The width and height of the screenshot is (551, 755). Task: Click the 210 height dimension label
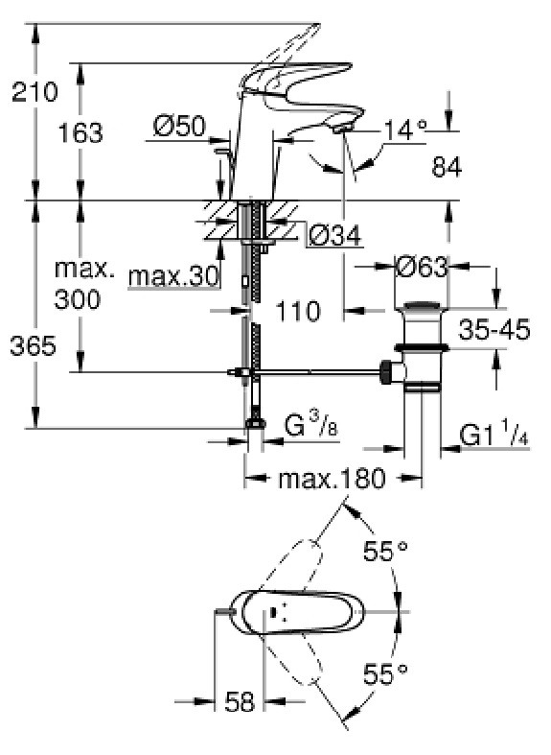(34, 91)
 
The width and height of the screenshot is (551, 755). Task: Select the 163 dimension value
(80, 132)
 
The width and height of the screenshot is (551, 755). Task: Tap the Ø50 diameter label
(179, 127)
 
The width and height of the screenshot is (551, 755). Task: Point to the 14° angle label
(404, 130)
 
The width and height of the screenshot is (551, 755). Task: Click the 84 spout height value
(447, 167)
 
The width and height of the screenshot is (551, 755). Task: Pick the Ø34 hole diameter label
(334, 236)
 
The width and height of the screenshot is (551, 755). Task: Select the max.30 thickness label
(173, 276)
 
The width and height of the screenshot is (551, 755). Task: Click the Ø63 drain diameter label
(422, 267)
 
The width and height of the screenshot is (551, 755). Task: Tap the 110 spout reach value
(298, 311)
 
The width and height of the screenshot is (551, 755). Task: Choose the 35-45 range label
(494, 330)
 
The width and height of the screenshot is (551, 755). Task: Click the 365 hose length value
(34, 345)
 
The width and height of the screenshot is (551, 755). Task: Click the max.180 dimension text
(333, 478)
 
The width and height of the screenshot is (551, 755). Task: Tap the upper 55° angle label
(385, 551)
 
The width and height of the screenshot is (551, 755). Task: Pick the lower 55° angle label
(385, 674)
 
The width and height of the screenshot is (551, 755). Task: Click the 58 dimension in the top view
(239, 701)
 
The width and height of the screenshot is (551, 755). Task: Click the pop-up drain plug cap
(422, 306)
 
